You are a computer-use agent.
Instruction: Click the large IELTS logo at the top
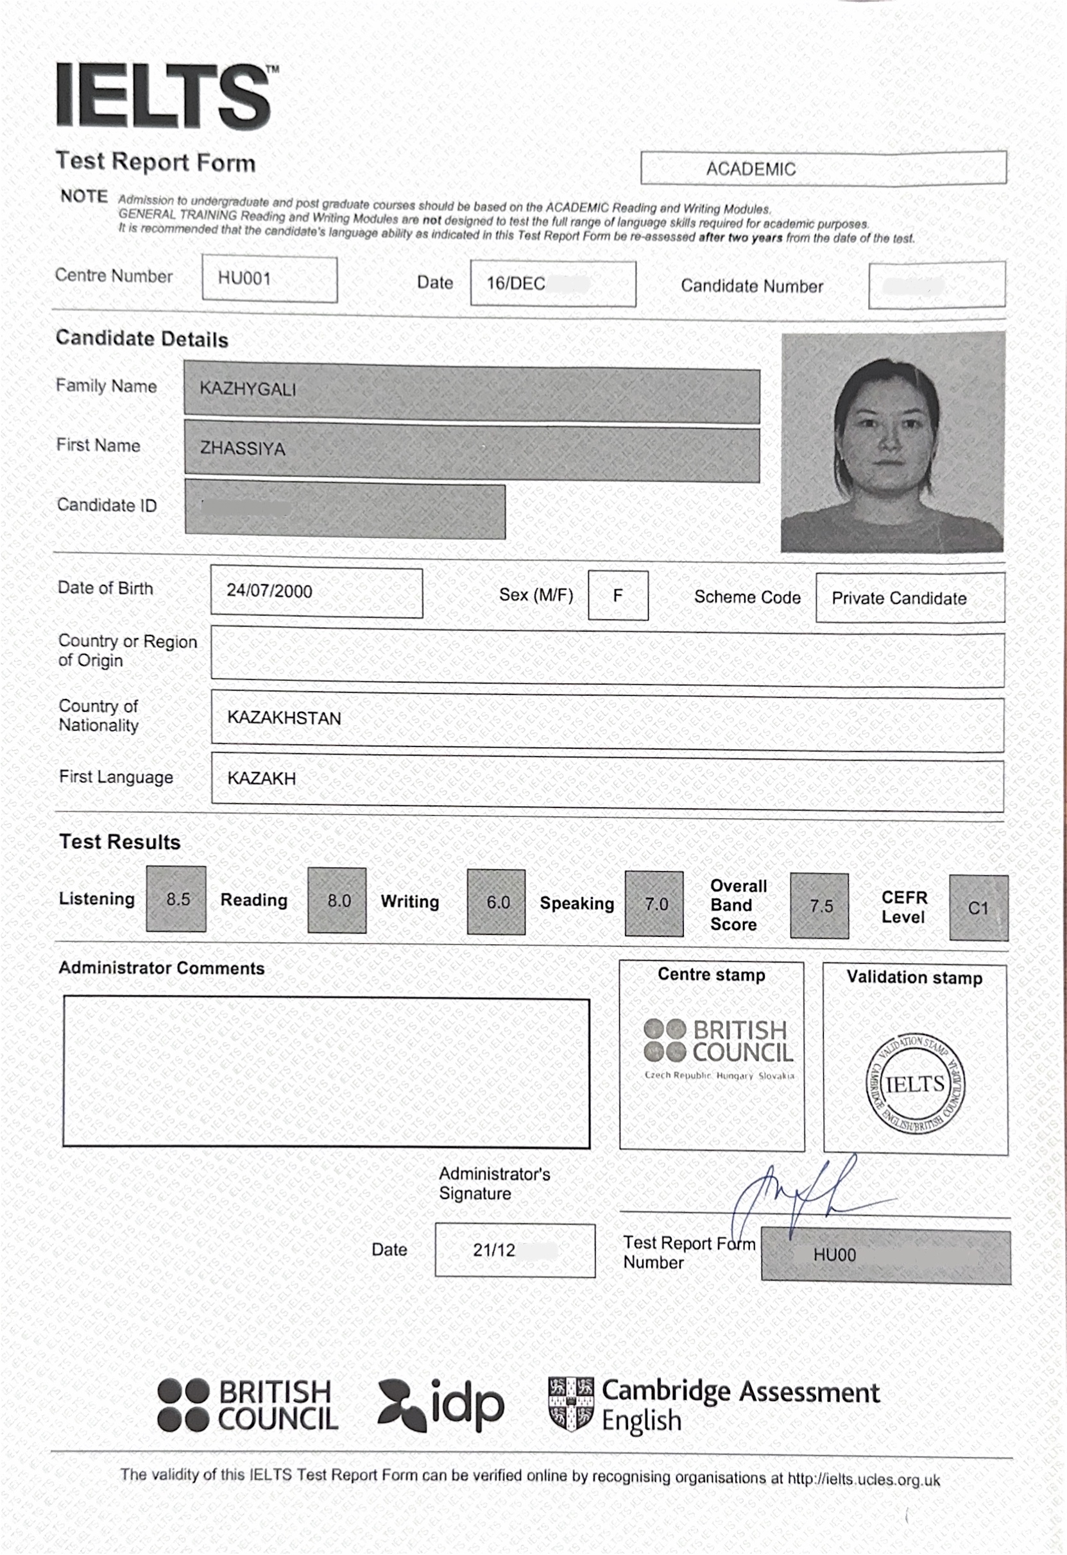[x=165, y=95]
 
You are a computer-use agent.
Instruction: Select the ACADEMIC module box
[x=751, y=169]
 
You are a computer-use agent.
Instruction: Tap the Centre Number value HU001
[x=244, y=278]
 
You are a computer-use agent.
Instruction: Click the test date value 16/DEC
[x=515, y=283]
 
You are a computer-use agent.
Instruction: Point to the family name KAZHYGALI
[x=248, y=389]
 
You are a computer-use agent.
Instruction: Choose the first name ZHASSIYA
[x=243, y=448]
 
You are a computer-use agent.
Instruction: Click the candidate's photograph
[x=892, y=442]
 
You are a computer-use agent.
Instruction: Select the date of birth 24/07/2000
[x=269, y=591]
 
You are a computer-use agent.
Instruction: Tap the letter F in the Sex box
[x=617, y=595]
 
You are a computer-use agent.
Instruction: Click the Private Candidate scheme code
[x=898, y=598]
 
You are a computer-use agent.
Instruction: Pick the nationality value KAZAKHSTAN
[x=284, y=718]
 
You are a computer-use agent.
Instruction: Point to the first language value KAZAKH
[x=261, y=778]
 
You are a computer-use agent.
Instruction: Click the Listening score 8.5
[x=177, y=899]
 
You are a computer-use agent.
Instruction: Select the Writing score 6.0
[x=497, y=903]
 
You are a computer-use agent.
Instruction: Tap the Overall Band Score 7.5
[x=820, y=906]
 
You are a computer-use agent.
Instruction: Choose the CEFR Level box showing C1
[x=977, y=908]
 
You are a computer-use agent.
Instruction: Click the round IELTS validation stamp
[x=914, y=1085]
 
